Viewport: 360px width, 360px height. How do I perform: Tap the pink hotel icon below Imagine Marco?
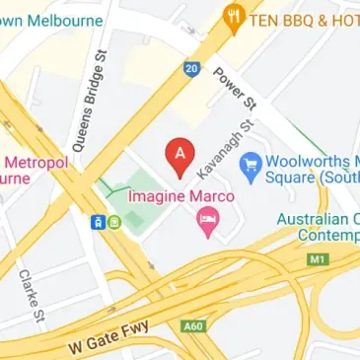click(207, 225)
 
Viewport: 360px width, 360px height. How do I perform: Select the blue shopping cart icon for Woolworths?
click(251, 163)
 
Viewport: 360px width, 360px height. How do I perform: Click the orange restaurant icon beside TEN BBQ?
click(234, 16)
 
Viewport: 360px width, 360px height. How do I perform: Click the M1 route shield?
click(316, 259)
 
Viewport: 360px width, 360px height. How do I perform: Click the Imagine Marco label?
click(182, 197)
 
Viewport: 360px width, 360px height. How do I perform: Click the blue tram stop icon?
click(100, 222)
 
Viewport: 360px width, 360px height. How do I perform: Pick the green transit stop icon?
click(115, 222)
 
